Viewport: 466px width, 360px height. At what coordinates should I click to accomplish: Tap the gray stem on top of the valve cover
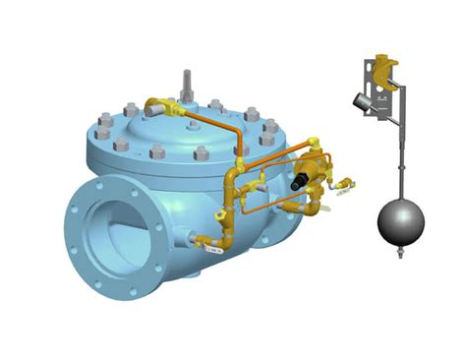point(186,85)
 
